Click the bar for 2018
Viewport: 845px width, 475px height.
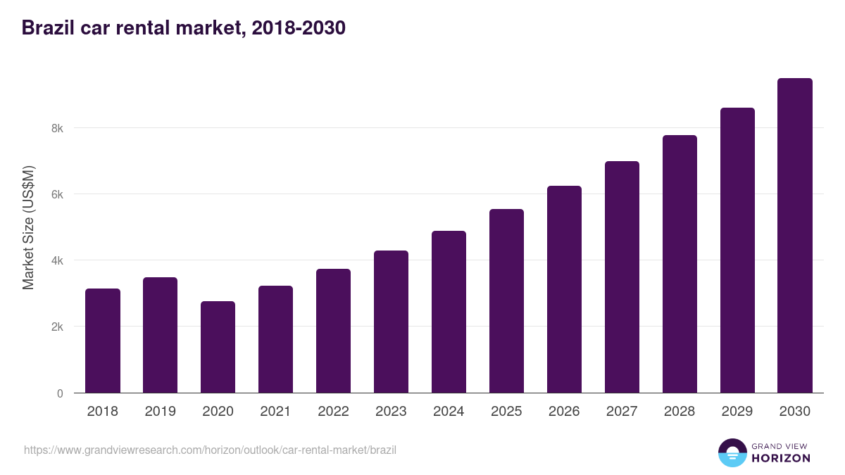pyautogui.click(x=103, y=341)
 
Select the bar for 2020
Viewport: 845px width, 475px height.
pyautogui.click(x=218, y=347)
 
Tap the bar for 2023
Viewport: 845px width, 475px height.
pyautogui.click(x=391, y=322)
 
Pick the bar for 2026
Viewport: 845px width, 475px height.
pyautogui.click(x=564, y=289)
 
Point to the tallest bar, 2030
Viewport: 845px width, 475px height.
pyautogui.click(x=795, y=236)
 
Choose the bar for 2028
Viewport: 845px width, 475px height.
pyautogui.click(x=680, y=264)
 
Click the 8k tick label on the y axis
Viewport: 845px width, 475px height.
pyautogui.click(x=57, y=128)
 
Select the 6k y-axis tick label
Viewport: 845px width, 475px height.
pyautogui.click(x=57, y=194)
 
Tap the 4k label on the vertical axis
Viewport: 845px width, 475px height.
pyautogui.click(x=57, y=260)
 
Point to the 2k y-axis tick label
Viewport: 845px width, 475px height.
pyautogui.click(x=57, y=327)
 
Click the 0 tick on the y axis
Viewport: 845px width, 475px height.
pyautogui.click(x=60, y=393)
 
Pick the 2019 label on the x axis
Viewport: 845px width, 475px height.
pyautogui.click(x=161, y=412)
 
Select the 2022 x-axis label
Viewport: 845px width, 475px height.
pyautogui.click(x=333, y=412)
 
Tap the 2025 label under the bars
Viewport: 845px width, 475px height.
pyautogui.click(x=506, y=412)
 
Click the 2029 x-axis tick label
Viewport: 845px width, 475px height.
pyautogui.click(x=737, y=412)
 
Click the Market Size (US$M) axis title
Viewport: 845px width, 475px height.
pyautogui.click(x=29, y=228)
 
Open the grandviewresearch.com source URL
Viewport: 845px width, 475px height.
pyautogui.click(x=210, y=450)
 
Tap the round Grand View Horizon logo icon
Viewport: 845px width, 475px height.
pyautogui.click(x=732, y=452)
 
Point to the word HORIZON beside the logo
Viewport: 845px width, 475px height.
pyautogui.click(x=780, y=458)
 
